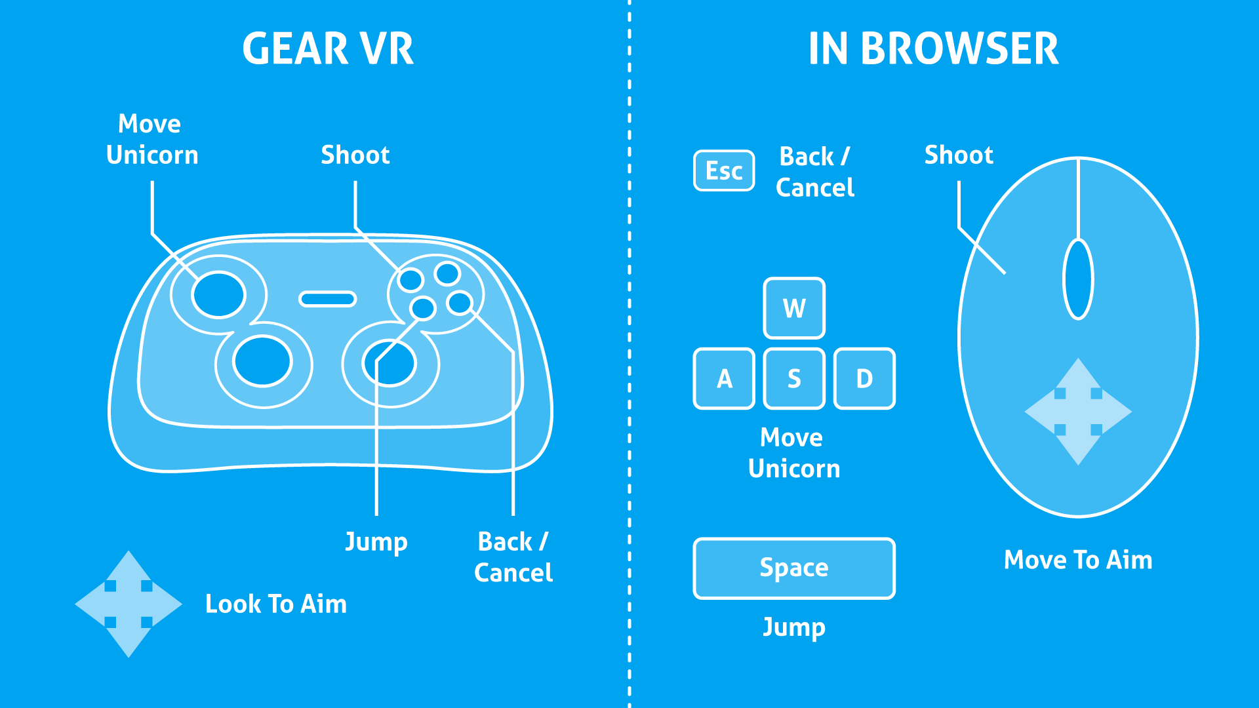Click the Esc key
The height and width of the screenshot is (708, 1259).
click(x=724, y=171)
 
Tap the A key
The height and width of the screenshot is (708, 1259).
click(x=724, y=379)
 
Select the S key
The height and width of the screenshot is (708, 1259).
click(x=794, y=379)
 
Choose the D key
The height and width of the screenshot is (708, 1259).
click(x=864, y=379)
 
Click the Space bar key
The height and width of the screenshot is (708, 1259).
click(x=794, y=568)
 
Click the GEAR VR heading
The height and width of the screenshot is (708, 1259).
click(x=328, y=49)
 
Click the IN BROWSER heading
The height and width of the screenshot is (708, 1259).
click(x=933, y=49)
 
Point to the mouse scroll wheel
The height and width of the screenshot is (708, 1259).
click(x=1078, y=279)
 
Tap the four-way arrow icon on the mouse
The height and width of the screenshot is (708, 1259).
click(x=1078, y=412)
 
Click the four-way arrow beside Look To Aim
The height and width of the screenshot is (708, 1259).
click(x=129, y=604)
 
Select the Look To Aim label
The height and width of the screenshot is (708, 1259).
click(x=276, y=604)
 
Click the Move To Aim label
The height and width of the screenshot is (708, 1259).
click(x=1078, y=560)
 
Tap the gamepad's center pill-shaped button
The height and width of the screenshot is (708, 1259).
click(x=327, y=299)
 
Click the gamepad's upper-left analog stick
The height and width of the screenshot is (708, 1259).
click(x=218, y=294)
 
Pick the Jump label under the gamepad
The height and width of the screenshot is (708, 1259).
click(x=376, y=542)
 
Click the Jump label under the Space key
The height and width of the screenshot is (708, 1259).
click(x=794, y=627)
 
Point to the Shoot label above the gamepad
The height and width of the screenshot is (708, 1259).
click(x=355, y=155)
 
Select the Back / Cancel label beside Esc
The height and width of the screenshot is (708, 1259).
click(x=815, y=172)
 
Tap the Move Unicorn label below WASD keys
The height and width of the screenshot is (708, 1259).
click(x=793, y=453)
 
